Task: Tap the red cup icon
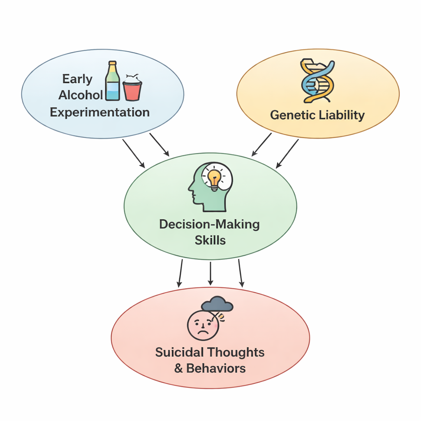(132, 89)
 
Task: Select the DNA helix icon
(317, 81)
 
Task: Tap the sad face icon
(203, 325)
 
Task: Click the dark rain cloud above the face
(217, 305)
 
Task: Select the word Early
(77, 79)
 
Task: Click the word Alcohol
(81, 95)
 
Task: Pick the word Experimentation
(99, 112)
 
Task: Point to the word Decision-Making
(209, 224)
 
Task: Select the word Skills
(210, 241)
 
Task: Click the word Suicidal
(180, 352)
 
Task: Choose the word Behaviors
(216, 368)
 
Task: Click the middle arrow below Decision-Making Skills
(210, 273)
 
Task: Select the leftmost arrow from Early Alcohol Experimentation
(134, 153)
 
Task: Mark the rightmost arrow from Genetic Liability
(287, 153)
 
